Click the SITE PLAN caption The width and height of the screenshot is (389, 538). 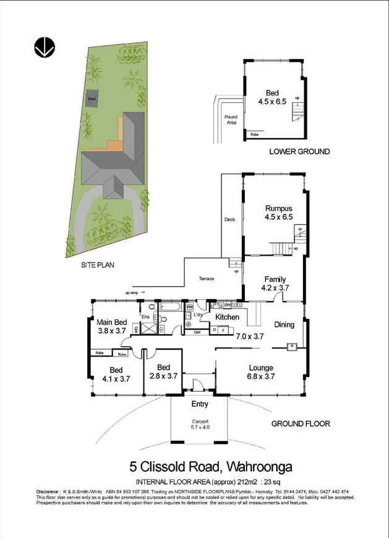tap(98, 264)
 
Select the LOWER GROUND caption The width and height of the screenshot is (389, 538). tap(300, 152)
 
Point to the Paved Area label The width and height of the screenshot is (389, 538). tap(231, 120)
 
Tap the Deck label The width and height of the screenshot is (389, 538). tap(229, 219)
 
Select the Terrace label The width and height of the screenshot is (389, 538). tap(206, 279)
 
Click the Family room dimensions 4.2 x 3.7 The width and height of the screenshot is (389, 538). tap(275, 289)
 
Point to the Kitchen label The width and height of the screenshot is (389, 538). tap(227, 317)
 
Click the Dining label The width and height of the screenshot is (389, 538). tap(284, 324)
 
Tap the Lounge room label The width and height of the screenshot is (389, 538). tap(260, 367)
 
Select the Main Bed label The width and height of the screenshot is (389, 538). tap(112, 322)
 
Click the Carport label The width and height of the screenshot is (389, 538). tap(200, 421)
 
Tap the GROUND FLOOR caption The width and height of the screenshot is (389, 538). tap(301, 423)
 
